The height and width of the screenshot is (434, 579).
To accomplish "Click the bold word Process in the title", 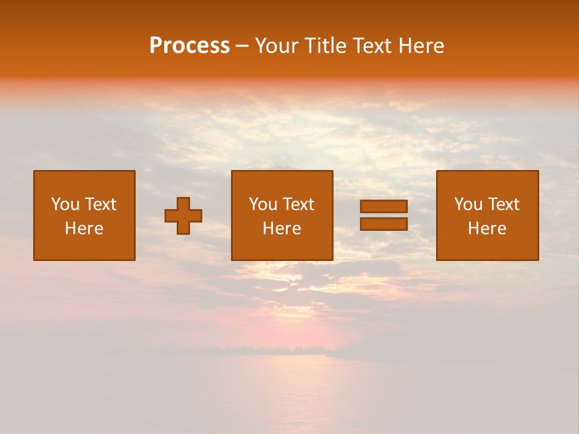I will (x=189, y=46).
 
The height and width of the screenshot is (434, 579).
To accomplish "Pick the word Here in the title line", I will (x=421, y=46).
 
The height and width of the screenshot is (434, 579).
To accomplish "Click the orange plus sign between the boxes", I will (x=183, y=215).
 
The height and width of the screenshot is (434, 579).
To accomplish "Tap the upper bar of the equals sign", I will (x=384, y=206).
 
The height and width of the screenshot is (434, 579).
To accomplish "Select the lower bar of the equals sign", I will (x=384, y=224).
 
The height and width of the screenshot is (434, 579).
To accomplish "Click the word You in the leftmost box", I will (x=65, y=204).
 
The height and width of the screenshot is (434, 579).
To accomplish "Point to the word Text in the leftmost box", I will (x=100, y=204).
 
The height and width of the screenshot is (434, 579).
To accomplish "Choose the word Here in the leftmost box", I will (x=84, y=228).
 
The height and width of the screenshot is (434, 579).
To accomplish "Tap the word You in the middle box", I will (x=263, y=204).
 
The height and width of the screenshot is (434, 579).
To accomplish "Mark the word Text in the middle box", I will (x=298, y=204).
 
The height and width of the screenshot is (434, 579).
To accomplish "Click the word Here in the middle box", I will (x=282, y=228).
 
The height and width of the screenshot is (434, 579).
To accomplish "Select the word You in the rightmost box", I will (x=468, y=204).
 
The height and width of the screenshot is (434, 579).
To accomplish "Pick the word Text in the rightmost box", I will (x=503, y=204).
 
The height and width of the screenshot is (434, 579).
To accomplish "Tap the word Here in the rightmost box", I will (x=487, y=228).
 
